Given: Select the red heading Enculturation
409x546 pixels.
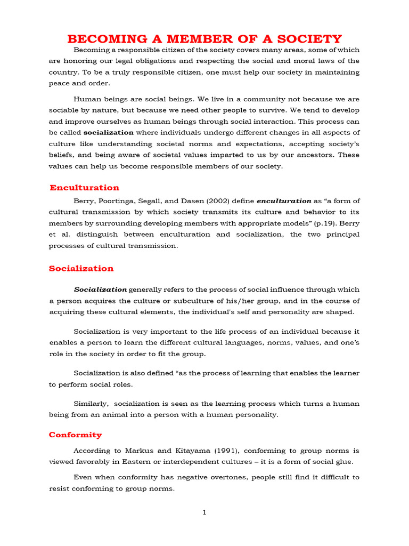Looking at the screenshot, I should [x=84, y=188].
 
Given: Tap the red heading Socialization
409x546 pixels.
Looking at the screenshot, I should [x=81, y=269].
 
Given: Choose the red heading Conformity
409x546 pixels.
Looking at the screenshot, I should [x=75, y=435].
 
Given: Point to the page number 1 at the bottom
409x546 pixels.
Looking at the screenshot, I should [x=204, y=513].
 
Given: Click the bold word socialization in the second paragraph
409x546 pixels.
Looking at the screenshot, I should [x=109, y=132].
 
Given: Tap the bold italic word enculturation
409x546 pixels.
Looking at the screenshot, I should [x=284, y=201].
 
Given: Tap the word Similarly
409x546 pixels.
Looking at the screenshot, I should [x=91, y=403].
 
